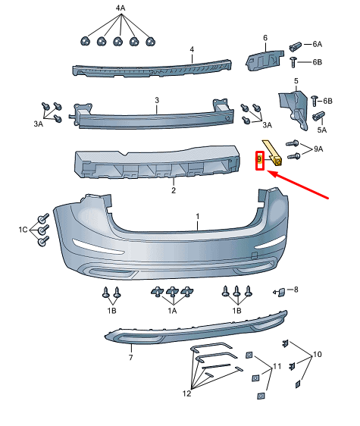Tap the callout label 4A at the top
[x=121, y=9]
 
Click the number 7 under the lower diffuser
[x=130, y=357]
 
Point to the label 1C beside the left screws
[x=23, y=228]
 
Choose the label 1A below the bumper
[x=172, y=310]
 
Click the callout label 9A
[x=318, y=150]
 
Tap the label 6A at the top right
[x=317, y=45]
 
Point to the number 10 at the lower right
[x=317, y=353]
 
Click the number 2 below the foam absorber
[x=173, y=190]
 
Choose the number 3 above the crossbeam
[x=156, y=100]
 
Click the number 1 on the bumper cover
[x=198, y=216]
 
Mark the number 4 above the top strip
[x=192, y=49]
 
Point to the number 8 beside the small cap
[x=296, y=290]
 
